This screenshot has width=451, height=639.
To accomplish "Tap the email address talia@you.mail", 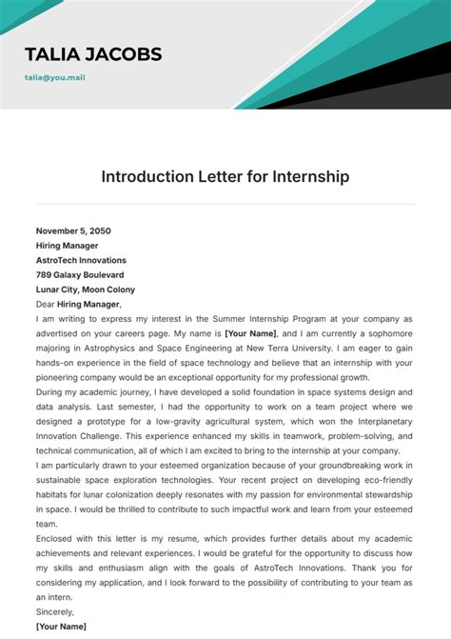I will pos(55,77).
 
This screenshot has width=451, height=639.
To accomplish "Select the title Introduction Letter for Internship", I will pos(225,176).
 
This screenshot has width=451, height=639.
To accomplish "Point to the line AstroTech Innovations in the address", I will pos(81,260).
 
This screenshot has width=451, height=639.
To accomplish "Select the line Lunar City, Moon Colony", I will pos(86,290).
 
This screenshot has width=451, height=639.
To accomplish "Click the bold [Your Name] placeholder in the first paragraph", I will pos(251,334).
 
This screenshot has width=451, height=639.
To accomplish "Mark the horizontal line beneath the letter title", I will pos(225,204).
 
